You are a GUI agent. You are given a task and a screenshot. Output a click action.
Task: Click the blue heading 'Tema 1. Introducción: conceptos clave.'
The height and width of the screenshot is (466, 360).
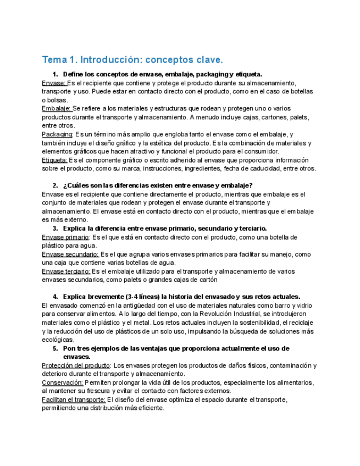click(x=132, y=59)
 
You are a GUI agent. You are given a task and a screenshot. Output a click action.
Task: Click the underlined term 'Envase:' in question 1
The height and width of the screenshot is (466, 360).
click(x=53, y=83)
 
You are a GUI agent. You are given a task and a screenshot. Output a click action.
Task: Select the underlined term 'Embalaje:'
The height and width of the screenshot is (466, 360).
click(x=56, y=109)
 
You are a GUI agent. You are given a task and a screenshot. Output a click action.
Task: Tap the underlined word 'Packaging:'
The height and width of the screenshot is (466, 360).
click(x=57, y=134)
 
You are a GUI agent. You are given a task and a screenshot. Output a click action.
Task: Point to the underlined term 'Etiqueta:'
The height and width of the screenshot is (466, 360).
click(x=56, y=160)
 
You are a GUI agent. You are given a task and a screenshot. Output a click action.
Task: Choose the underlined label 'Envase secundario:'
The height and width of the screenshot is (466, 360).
click(x=70, y=254)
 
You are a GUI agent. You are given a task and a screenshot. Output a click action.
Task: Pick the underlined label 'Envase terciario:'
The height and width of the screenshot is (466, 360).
click(x=66, y=271)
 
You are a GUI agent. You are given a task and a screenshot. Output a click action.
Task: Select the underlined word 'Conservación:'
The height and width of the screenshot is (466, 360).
click(x=62, y=382)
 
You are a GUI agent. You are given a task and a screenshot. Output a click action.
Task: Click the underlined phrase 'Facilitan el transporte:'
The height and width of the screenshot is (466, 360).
click(x=74, y=400)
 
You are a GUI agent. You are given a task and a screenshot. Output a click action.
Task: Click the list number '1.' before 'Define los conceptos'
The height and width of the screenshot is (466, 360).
click(x=55, y=74)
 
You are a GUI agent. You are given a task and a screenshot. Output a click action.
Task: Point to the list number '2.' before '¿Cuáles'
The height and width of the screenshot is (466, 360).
click(x=55, y=185)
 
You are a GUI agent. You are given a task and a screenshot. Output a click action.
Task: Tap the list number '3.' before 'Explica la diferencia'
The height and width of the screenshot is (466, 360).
click(x=55, y=228)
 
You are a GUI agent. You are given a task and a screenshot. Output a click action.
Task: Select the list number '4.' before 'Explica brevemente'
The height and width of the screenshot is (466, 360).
click(x=55, y=297)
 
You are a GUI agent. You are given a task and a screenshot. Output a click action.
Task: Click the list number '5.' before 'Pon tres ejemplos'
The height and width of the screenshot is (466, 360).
click(x=55, y=348)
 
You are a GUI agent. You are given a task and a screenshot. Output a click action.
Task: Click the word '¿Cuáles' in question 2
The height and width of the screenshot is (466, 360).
click(x=76, y=185)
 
